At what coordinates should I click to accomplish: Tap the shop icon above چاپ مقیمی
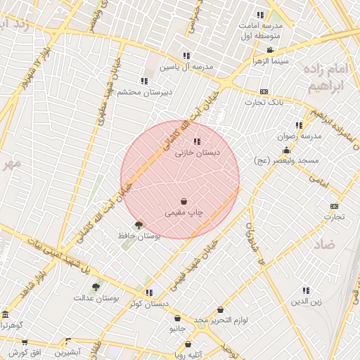(x=184, y=201)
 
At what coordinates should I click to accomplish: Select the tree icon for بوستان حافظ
(x=138, y=225)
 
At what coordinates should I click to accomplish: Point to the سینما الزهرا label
(x=271, y=61)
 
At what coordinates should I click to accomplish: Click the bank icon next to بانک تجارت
(x=264, y=91)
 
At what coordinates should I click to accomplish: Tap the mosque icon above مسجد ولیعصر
(x=286, y=150)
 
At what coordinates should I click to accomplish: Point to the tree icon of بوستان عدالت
(x=96, y=287)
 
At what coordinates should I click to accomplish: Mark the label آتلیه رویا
(x=188, y=354)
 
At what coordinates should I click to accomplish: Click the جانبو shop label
(x=177, y=328)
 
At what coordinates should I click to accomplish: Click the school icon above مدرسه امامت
(x=260, y=15)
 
